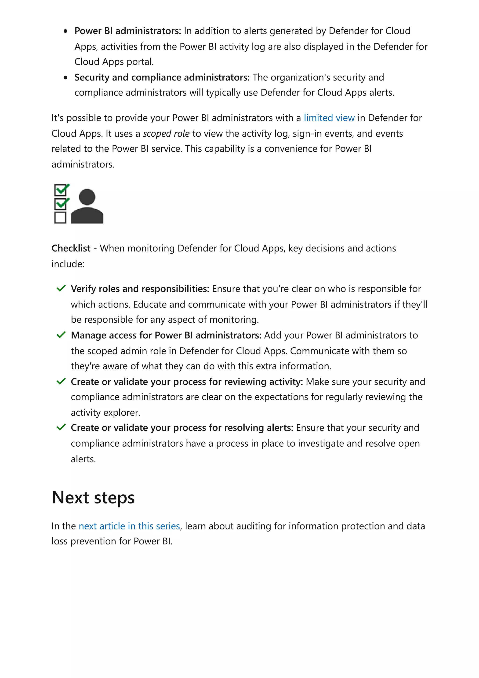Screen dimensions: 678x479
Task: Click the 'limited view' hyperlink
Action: [x=329, y=118]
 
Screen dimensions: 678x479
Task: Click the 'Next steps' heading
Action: [x=93, y=498]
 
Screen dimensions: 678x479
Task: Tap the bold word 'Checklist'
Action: [x=71, y=248]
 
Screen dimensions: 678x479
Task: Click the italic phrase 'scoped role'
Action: [x=166, y=134]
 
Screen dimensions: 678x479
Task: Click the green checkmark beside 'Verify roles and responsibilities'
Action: [x=61, y=288]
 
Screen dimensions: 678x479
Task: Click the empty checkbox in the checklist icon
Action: [x=60, y=218]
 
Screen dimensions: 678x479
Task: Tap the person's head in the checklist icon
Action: [x=87, y=197]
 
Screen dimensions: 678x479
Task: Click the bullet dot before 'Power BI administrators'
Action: [x=65, y=31]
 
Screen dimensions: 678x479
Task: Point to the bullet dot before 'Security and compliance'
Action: [x=65, y=78]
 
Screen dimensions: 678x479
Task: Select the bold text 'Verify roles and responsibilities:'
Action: [x=140, y=289]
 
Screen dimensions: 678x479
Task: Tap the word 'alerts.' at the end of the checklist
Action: [x=83, y=459]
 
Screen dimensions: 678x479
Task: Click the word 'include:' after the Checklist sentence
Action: [x=68, y=264]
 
